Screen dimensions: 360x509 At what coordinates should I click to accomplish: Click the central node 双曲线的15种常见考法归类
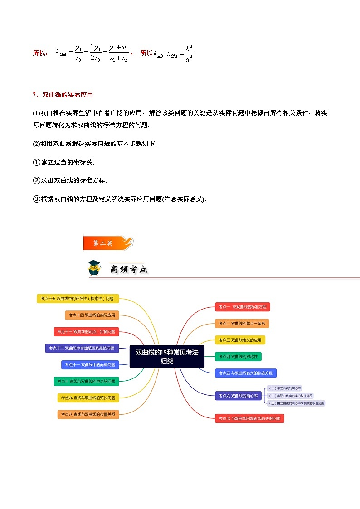click(x=167, y=356)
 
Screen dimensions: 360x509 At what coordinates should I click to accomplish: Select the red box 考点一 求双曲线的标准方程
click(x=243, y=307)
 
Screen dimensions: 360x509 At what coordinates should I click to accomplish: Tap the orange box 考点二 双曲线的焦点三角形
click(x=242, y=323)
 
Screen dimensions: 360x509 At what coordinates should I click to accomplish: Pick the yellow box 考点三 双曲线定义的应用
click(x=240, y=340)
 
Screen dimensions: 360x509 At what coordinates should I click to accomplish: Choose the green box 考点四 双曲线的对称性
click(x=238, y=357)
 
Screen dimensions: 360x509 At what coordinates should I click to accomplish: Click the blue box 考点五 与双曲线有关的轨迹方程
click(x=246, y=373)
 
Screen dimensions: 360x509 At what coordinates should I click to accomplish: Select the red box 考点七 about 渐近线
click(x=249, y=418)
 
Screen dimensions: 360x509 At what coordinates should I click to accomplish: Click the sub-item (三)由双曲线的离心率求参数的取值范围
click(x=296, y=403)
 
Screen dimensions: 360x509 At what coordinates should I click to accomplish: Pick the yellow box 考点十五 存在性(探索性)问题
click(x=78, y=298)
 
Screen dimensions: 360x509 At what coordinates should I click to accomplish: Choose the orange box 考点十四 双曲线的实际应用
click(x=92, y=315)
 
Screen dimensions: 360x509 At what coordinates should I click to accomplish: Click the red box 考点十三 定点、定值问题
click(x=86, y=332)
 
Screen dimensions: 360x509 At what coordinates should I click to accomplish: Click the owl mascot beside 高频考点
click(x=94, y=268)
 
